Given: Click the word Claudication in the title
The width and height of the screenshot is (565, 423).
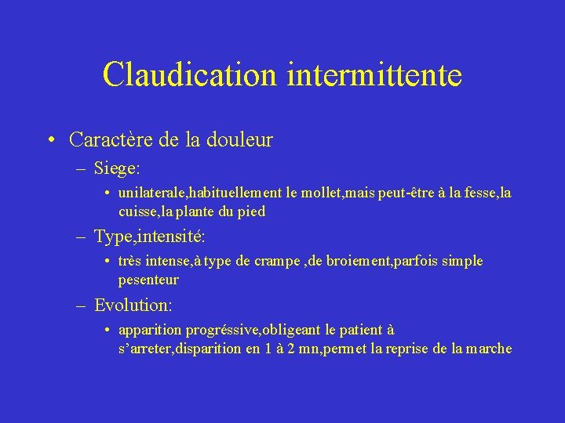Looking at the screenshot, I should pos(190,75).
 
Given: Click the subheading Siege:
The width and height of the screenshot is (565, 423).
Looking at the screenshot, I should pos(117,168).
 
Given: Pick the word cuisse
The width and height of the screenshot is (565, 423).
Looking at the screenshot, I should pos(137,211).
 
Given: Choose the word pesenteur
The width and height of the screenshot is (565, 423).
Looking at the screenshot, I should pos(148,279).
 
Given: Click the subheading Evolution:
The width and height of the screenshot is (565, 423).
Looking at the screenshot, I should pos(133,304).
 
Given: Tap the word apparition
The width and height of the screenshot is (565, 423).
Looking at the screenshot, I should pos(149,331).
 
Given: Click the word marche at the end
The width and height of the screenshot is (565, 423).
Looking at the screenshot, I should pos(488,349).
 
